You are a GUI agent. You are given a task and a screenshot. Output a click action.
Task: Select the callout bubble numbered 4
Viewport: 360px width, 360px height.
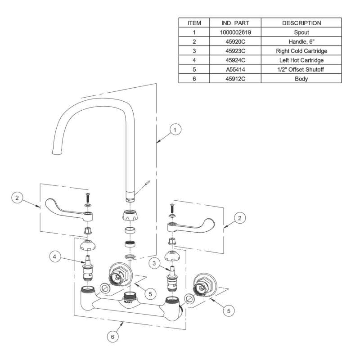click(54, 257)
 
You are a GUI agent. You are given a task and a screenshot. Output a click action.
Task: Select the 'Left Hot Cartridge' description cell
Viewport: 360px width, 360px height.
click(301, 60)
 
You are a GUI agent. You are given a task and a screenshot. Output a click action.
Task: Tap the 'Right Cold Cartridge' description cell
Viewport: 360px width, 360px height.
click(301, 50)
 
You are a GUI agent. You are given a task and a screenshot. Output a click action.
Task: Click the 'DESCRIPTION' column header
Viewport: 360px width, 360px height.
click(301, 22)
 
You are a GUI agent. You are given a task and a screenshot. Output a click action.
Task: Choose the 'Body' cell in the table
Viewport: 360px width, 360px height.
click(301, 78)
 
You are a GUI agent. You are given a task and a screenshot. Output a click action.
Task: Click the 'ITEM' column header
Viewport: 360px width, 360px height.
click(194, 22)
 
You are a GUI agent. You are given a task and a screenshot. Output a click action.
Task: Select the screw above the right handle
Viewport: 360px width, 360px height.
click(171, 208)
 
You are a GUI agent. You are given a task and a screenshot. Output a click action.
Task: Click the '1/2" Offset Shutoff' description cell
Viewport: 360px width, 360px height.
click(301, 69)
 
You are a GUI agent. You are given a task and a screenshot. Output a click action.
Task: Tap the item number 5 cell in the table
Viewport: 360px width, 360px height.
click(194, 69)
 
